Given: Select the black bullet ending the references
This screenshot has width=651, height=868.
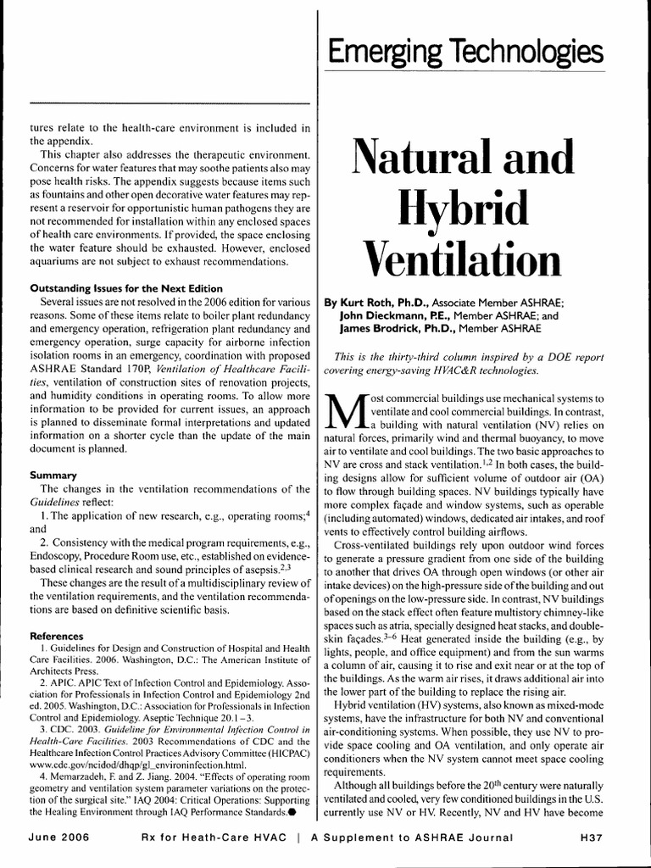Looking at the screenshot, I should pyautogui.click(x=292, y=812).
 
